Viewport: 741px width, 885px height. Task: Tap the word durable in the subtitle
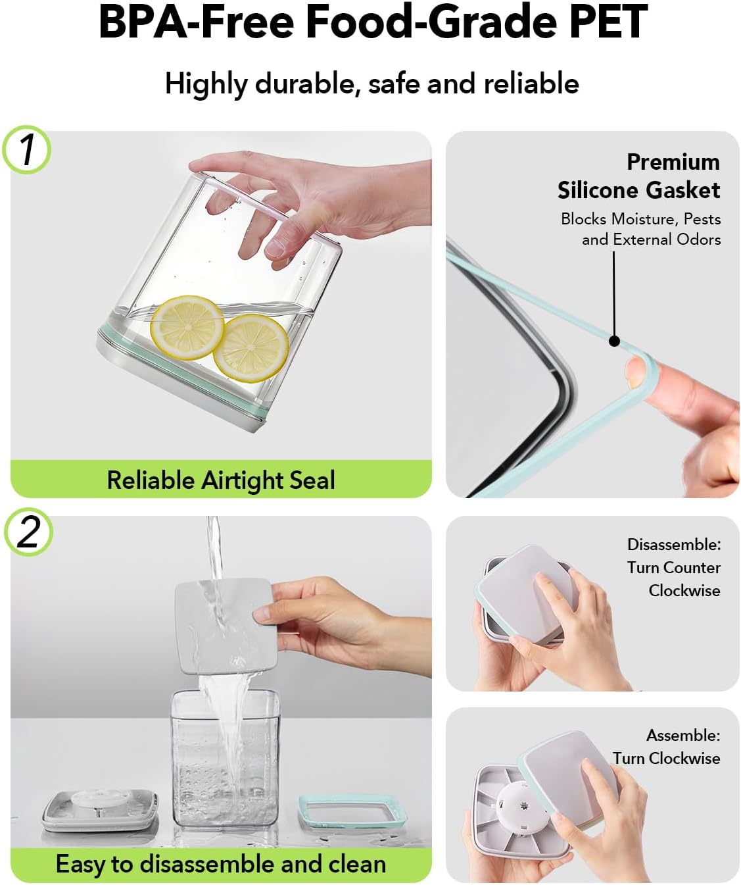[x=304, y=84]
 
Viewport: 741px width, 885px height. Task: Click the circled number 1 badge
[x=27, y=149]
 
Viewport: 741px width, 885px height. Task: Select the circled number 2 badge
[x=28, y=532]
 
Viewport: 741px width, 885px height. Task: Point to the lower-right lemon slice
[x=251, y=347]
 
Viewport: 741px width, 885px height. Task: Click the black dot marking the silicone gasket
[x=614, y=341]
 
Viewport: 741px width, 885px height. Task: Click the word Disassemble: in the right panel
[x=674, y=545]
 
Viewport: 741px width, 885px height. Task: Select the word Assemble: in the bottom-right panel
[x=683, y=736]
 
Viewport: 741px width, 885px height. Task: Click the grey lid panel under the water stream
[x=226, y=626]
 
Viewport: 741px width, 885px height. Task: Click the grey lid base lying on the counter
[x=99, y=812]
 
